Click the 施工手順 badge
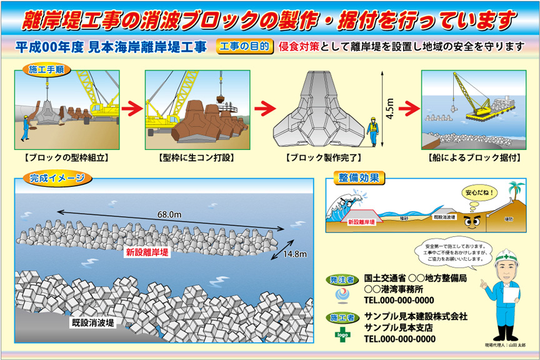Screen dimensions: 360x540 [x=46, y=69]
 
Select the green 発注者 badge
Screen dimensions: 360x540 [x=341, y=279]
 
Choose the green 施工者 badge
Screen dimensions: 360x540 [x=341, y=317]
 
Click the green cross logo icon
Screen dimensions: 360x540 [x=341, y=333]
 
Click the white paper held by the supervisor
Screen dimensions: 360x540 [x=511, y=294]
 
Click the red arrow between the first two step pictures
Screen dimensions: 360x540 [x=132, y=107]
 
